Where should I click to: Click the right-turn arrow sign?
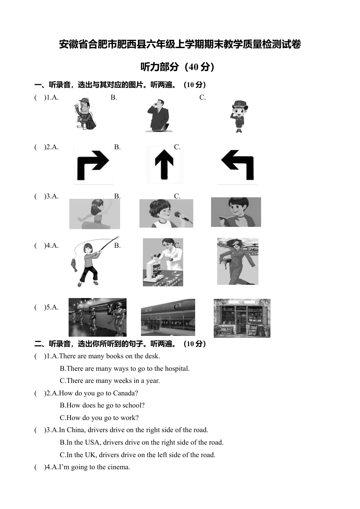(93, 166)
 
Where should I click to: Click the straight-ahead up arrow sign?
(164, 164)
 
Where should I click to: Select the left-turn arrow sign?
(238, 165)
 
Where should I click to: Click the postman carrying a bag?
(85, 114)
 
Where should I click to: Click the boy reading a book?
(236, 212)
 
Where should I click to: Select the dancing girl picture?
(94, 214)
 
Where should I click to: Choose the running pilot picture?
(238, 261)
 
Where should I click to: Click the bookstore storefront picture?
(242, 318)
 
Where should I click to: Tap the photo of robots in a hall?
(97, 317)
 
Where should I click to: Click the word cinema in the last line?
(118, 467)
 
